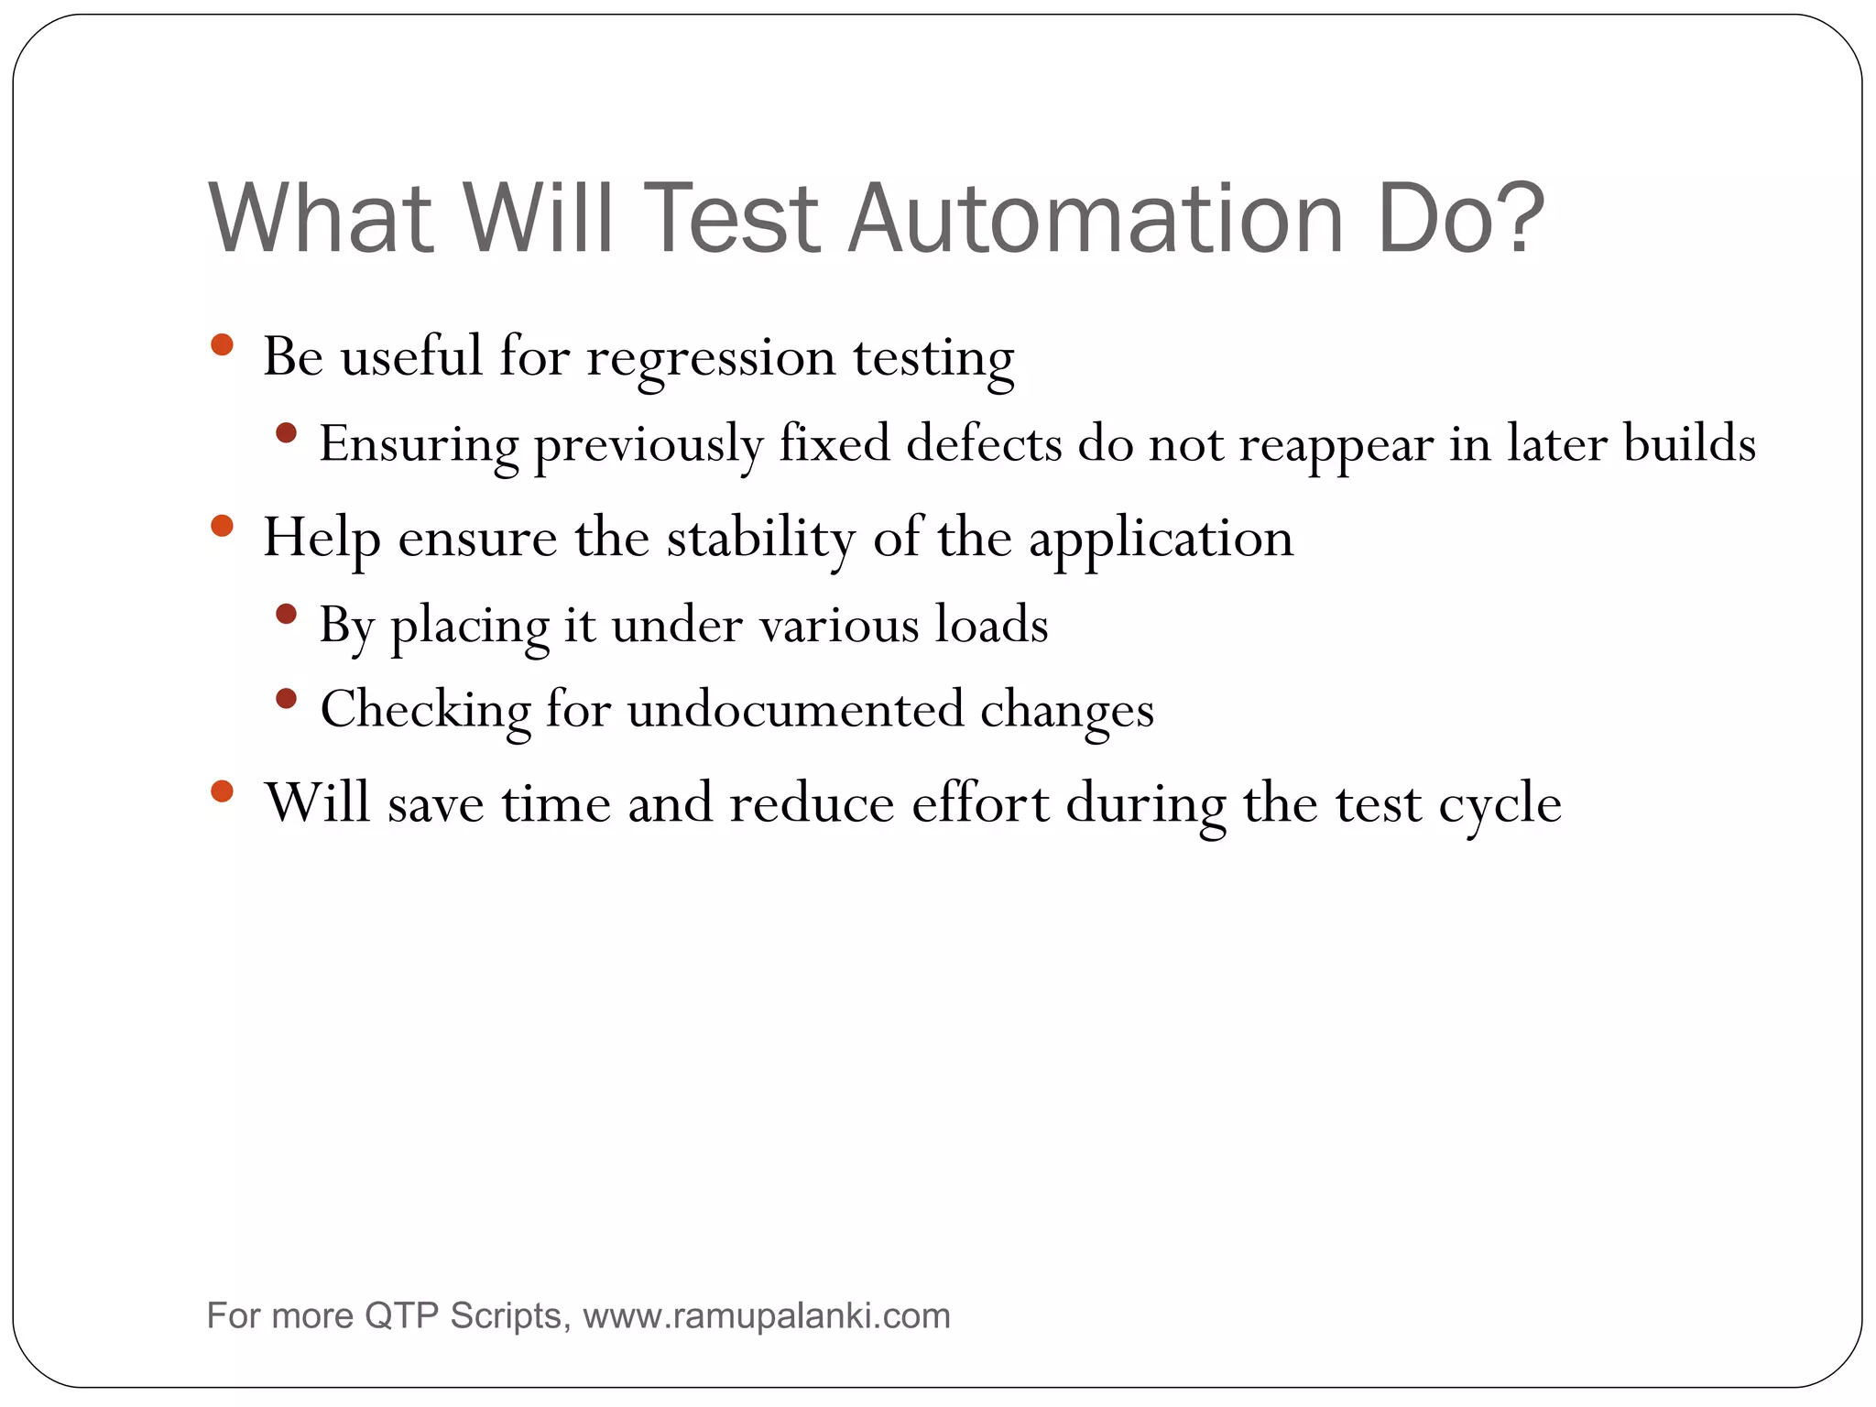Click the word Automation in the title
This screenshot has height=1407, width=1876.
(x=1095, y=220)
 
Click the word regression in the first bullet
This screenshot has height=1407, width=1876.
(x=711, y=358)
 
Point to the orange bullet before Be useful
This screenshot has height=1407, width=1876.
(x=222, y=345)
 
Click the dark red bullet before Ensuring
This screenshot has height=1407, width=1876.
(x=287, y=432)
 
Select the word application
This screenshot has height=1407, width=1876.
(x=1161, y=540)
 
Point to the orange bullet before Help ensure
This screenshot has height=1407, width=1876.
(x=222, y=526)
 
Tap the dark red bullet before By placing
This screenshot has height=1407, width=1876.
(x=287, y=614)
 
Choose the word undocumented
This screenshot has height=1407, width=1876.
(x=795, y=710)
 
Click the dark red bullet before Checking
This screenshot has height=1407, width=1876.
(x=287, y=699)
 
